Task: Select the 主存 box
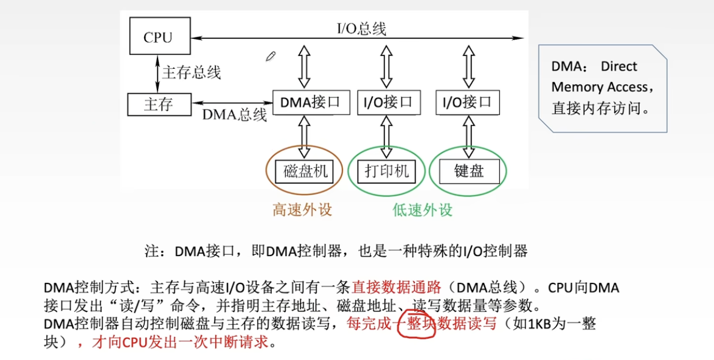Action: click(159, 104)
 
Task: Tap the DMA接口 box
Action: click(311, 102)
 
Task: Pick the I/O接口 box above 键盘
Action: click(467, 102)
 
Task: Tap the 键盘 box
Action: click(468, 171)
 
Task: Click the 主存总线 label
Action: click(191, 72)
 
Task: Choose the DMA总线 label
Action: click(234, 114)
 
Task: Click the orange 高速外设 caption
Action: click(302, 210)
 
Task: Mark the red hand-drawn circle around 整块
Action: click(416, 324)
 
